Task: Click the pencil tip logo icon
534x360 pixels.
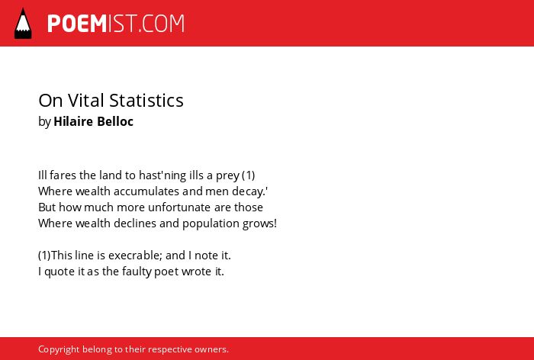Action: pos(23,23)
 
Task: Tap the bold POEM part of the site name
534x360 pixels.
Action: pos(77,24)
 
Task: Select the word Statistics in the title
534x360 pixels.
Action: pos(146,101)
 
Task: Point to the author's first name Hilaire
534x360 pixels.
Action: pos(73,121)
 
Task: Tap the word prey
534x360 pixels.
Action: pos(227,176)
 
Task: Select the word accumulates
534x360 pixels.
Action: pos(146,191)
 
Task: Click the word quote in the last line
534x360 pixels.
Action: pos(60,272)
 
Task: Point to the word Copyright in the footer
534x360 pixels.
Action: pos(59,349)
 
